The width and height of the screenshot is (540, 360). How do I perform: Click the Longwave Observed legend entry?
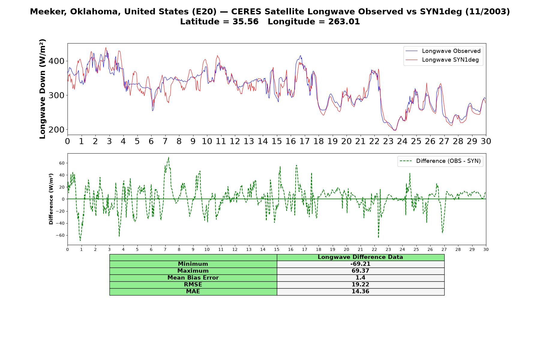[x=443, y=51]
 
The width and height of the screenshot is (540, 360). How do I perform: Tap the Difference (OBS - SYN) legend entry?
[x=440, y=161]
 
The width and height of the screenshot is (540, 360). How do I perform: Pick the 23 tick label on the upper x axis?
[x=388, y=141]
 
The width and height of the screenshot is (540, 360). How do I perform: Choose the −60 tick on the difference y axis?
[x=60, y=235]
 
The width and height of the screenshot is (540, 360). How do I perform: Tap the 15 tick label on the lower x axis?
[x=277, y=249]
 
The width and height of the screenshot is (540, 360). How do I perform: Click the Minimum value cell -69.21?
[x=360, y=264]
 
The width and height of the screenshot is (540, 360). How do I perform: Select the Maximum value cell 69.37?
[x=360, y=271]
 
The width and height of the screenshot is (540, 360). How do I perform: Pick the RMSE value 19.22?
[x=360, y=285]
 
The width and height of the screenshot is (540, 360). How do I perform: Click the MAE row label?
[x=193, y=292]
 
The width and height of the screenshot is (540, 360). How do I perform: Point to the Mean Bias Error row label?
[x=193, y=278]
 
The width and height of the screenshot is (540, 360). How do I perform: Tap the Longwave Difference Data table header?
[x=360, y=257]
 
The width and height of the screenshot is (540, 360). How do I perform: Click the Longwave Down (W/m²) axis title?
[x=42, y=89]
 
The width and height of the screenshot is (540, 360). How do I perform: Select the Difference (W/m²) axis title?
[x=51, y=199]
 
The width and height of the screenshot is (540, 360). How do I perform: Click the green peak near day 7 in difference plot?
[x=169, y=157]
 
